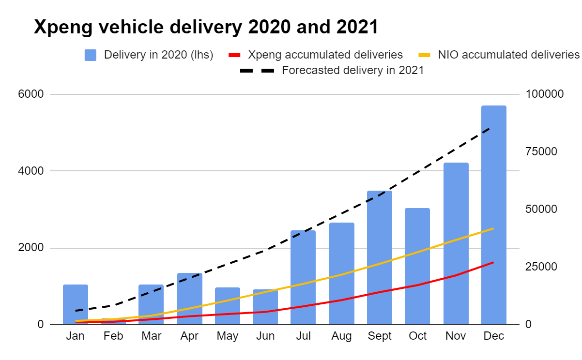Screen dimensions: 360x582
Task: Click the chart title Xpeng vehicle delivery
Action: pyautogui.click(x=206, y=28)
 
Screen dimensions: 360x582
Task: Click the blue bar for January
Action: pyautogui.click(x=76, y=304)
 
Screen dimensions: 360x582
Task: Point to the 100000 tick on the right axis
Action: pyautogui.click(x=545, y=94)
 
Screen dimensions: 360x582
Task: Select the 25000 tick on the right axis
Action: pyautogui.click(x=541, y=267)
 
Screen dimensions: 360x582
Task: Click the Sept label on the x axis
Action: pyautogui.click(x=379, y=336)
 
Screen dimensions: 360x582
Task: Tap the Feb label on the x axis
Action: pyautogui.click(x=113, y=336)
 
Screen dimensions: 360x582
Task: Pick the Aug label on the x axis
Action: pyautogui.click(x=341, y=336)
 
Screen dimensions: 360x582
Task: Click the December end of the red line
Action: pyautogui.click(x=493, y=262)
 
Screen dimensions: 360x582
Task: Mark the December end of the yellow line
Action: pyautogui.click(x=493, y=228)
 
